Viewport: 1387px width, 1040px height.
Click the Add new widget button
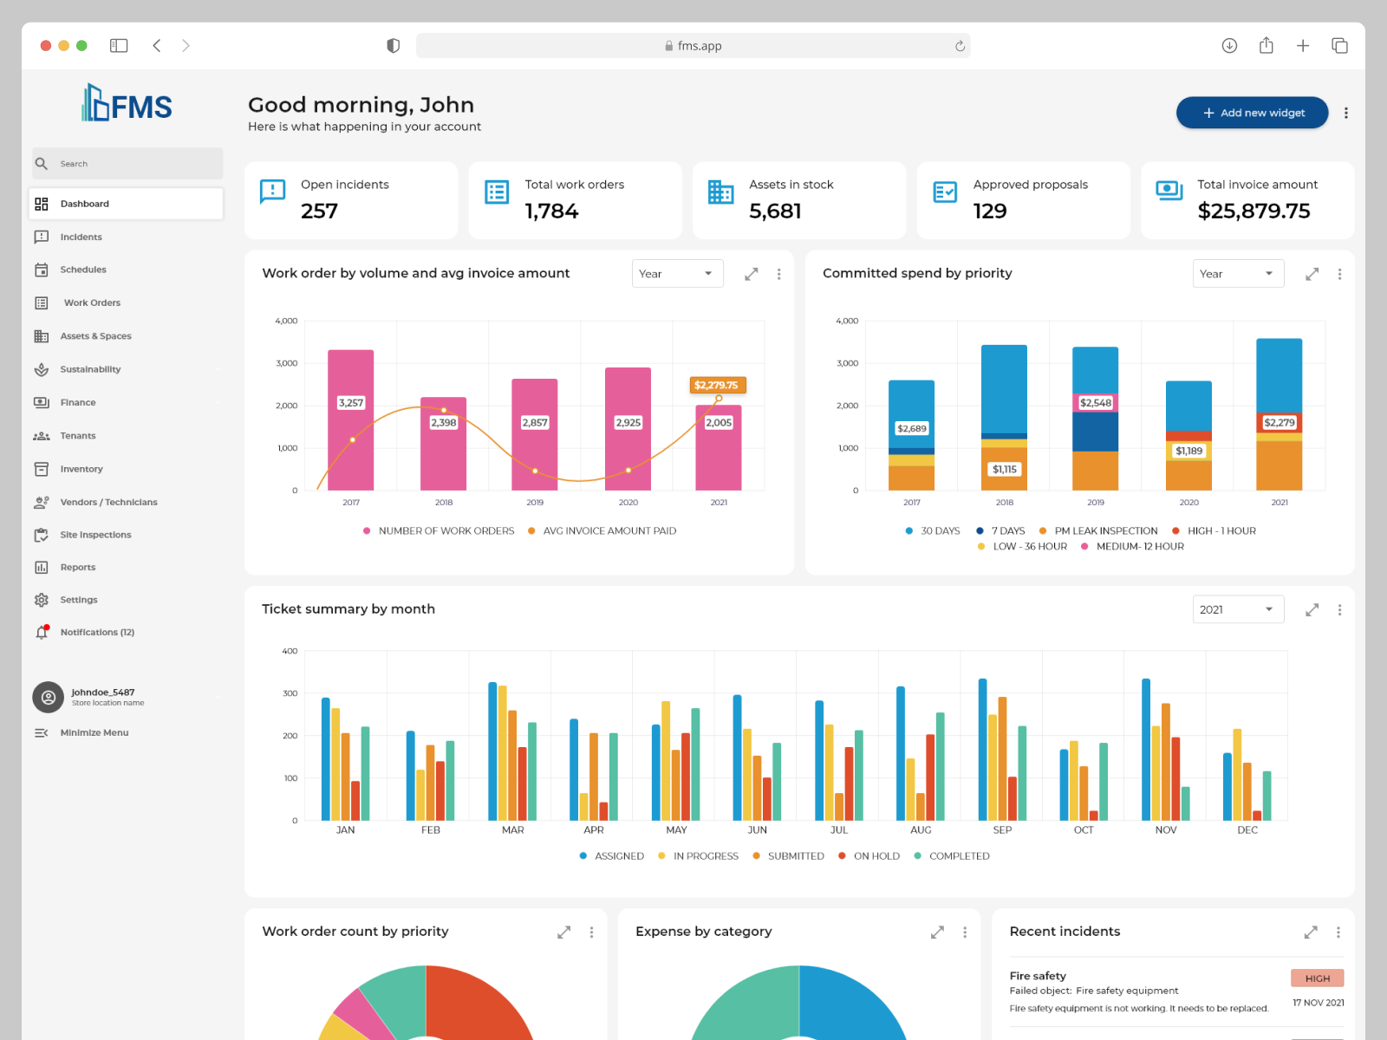pos(1252,113)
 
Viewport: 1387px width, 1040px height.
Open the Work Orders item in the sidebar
pos(92,303)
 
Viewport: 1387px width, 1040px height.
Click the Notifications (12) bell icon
pos(42,632)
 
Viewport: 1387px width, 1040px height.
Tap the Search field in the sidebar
pos(127,164)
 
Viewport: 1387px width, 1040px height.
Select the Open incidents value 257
pos(319,211)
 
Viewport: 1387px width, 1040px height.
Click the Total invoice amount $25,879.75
pos(1254,211)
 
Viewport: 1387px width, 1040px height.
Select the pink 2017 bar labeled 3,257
pos(350,419)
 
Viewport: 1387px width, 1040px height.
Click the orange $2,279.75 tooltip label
pos(716,385)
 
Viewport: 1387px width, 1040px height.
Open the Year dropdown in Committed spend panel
pos(1238,274)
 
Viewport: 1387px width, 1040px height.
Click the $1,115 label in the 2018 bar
pos(1005,470)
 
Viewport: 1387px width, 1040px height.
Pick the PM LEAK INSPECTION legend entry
pos(1105,530)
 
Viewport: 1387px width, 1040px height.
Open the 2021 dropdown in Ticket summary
pos(1238,610)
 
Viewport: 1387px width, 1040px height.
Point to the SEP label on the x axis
pos(1002,830)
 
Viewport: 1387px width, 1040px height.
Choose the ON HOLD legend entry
pos(876,856)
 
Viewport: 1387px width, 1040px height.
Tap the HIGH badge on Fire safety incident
pos(1317,978)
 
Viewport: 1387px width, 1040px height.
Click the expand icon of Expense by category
pos(937,933)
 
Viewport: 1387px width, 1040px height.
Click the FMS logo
pos(127,104)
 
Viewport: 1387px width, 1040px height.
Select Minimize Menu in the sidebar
pos(94,733)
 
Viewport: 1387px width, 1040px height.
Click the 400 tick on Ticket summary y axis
pos(290,651)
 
